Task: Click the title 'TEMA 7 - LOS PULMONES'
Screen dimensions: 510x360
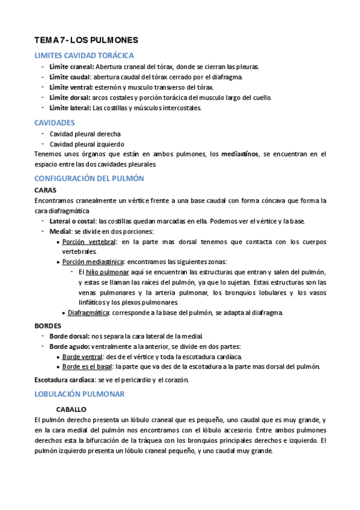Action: tap(87, 40)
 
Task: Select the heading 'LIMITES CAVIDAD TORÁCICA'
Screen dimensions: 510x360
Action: tap(84, 56)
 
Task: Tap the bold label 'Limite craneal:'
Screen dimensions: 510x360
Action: tap(72, 67)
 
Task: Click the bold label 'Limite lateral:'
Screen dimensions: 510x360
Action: tap(70, 108)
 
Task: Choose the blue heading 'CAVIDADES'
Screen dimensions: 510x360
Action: tap(55, 122)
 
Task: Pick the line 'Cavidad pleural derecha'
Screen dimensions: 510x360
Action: tap(85, 134)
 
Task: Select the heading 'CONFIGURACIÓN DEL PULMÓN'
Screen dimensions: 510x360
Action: tap(90, 179)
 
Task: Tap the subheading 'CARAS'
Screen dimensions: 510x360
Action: tap(46, 190)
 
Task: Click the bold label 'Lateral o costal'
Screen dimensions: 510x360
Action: tap(73, 221)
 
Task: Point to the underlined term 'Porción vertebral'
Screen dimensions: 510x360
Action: tap(89, 242)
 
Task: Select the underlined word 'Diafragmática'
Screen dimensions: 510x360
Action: tap(88, 313)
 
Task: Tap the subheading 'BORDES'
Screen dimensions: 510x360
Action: tap(48, 325)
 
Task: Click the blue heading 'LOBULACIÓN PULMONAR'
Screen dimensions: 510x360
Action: tap(79, 394)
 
